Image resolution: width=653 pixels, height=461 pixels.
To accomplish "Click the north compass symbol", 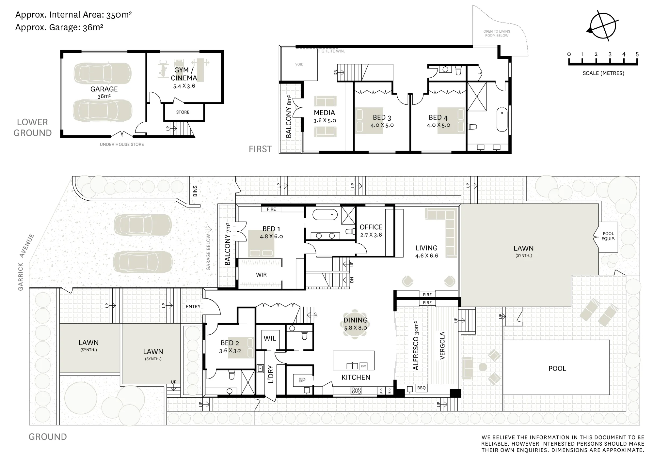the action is (x=603, y=26).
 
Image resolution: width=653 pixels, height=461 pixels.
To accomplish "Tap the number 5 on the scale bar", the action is (x=637, y=54).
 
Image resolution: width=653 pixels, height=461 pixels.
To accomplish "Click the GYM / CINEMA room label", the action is (x=184, y=74).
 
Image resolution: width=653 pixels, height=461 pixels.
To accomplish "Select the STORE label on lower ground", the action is (x=183, y=112).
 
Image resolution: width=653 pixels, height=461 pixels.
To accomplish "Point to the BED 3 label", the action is (x=382, y=117).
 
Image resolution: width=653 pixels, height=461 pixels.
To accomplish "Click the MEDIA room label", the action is (x=324, y=113).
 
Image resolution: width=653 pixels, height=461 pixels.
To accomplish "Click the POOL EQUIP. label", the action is (x=608, y=236).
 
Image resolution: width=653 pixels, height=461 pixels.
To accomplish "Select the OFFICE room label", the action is (x=371, y=227).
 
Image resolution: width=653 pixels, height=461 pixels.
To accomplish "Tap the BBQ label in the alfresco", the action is (x=422, y=388).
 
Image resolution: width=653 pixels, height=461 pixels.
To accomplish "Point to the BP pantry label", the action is (x=302, y=380).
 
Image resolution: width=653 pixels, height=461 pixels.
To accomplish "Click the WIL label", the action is (x=270, y=338).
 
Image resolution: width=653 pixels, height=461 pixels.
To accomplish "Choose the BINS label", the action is (x=195, y=191).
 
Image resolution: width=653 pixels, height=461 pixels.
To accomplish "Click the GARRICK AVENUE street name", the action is (x=26, y=262).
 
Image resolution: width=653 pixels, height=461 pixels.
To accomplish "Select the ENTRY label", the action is (x=193, y=307).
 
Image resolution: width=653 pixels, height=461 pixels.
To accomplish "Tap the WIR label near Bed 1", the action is (x=261, y=275).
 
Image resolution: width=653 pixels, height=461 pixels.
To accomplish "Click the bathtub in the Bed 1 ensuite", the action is (x=325, y=215).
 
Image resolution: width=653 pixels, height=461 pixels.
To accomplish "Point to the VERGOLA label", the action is (x=442, y=346).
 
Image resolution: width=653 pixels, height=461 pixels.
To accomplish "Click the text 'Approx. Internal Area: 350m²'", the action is (x=73, y=15).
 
